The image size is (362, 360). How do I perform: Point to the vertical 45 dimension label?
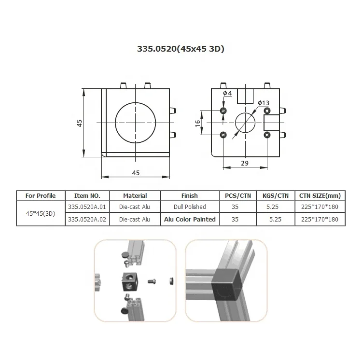80,123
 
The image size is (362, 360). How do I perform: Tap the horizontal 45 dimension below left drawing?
136,172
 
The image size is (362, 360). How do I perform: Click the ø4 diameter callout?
227,93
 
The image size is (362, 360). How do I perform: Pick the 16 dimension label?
198,123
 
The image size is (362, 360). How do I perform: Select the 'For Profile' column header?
41,196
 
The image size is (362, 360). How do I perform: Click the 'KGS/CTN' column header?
276,196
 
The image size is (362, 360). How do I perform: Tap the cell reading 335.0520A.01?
87,207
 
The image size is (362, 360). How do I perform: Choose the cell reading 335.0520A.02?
87,220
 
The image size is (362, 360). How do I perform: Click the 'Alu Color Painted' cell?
190,220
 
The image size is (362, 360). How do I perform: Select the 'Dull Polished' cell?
190,207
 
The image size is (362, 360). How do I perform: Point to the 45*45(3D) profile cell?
41,213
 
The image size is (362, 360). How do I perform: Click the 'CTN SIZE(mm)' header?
320,196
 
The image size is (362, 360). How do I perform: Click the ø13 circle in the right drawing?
245,123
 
